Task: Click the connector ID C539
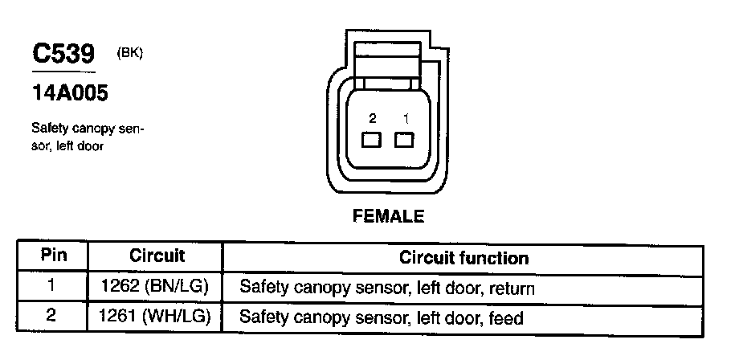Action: (x=63, y=54)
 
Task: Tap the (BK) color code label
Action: (x=129, y=53)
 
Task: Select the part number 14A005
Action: (x=69, y=93)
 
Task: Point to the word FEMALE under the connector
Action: (x=388, y=216)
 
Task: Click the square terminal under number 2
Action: (x=371, y=141)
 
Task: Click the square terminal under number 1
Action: (x=405, y=141)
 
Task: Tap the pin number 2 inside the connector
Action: (x=372, y=118)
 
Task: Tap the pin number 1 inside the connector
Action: (x=406, y=118)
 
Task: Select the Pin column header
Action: (x=53, y=257)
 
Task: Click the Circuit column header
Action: (x=157, y=257)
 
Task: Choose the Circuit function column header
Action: (x=463, y=258)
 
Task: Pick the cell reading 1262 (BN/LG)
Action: (x=157, y=287)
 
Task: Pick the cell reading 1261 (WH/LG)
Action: (x=157, y=317)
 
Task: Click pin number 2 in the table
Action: (x=51, y=317)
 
